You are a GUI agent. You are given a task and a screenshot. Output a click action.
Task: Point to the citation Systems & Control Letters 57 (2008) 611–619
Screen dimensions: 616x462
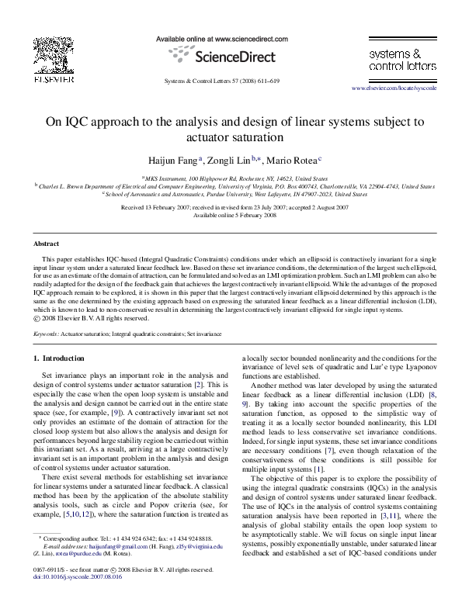(x=231, y=81)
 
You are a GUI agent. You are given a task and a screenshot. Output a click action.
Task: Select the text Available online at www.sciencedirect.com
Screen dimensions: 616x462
(x=231, y=38)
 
